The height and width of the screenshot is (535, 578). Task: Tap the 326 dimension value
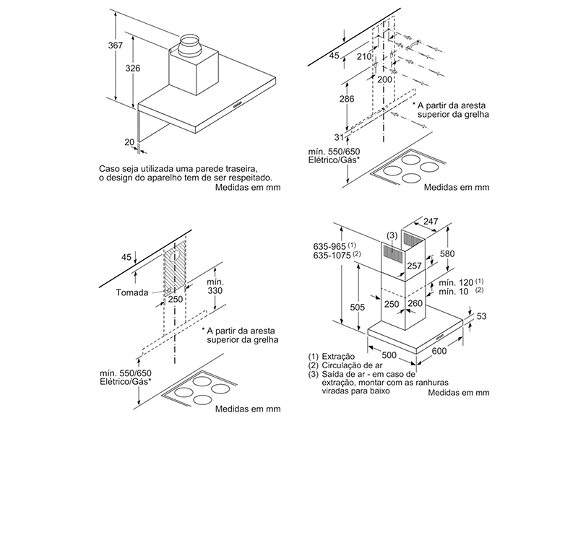(x=132, y=68)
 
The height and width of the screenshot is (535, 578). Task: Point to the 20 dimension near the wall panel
(x=129, y=142)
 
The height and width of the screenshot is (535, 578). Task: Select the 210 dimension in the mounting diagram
(x=363, y=56)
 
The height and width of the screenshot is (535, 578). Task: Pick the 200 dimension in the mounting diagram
(x=384, y=79)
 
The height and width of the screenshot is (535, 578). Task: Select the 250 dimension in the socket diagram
(x=176, y=299)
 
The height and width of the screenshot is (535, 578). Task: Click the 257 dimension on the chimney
(x=414, y=266)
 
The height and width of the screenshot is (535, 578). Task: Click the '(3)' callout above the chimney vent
(x=391, y=235)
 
